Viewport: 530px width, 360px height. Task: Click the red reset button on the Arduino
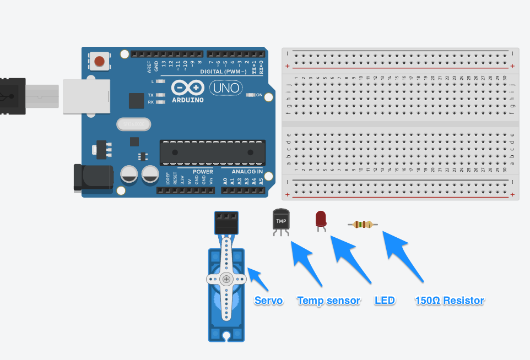coord(100,61)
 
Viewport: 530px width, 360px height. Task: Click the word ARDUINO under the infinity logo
coord(187,100)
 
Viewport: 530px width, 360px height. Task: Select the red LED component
coord(320,220)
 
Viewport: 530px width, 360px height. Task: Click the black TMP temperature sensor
coord(280,220)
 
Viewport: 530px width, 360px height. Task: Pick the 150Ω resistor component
coord(363,224)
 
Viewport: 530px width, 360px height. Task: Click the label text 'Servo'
coord(268,301)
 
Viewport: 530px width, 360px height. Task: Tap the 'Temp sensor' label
coord(328,301)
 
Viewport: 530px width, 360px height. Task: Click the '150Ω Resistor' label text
coord(449,301)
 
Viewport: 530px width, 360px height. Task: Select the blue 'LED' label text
coord(385,301)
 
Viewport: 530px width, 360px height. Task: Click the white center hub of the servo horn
coord(226,279)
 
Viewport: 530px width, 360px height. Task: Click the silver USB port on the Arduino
coord(83,96)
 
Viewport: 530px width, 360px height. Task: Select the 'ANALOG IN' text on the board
coord(243,172)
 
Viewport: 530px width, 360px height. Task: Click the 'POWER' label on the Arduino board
coord(203,172)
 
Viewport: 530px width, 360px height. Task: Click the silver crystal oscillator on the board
coord(133,124)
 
